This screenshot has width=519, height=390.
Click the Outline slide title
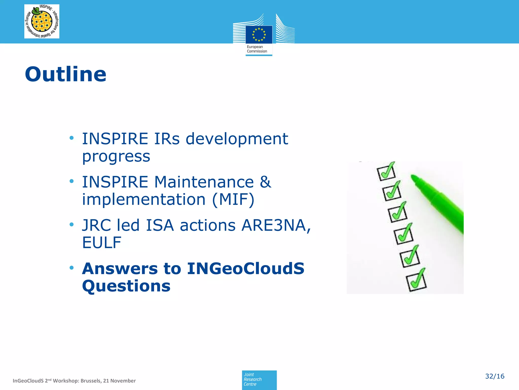[x=66, y=74]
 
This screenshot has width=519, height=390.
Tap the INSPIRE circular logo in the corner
[x=42, y=21]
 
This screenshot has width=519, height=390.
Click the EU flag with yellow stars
[x=259, y=35]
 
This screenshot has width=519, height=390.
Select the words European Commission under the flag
[x=257, y=49]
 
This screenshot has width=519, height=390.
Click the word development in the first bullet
[x=237, y=139]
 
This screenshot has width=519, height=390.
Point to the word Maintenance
[x=204, y=182]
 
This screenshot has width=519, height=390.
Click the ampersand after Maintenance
[x=265, y=182]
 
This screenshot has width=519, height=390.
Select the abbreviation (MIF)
[x=233, y=199]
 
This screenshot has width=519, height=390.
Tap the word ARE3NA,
[x=276, y=225]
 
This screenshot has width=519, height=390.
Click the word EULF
[x=102, y=242]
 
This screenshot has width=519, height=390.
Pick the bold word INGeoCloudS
[x=246, y=269]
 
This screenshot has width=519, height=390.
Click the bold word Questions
[x=126, y=286]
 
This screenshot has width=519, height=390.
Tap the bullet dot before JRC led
[x=72, y=224]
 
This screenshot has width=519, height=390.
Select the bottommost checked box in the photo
[x=416, y=282]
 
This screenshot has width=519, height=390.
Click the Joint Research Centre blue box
[x=259, y=380]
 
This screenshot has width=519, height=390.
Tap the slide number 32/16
[x=494, y=376]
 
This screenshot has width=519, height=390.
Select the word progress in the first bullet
[x=116, y=156]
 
